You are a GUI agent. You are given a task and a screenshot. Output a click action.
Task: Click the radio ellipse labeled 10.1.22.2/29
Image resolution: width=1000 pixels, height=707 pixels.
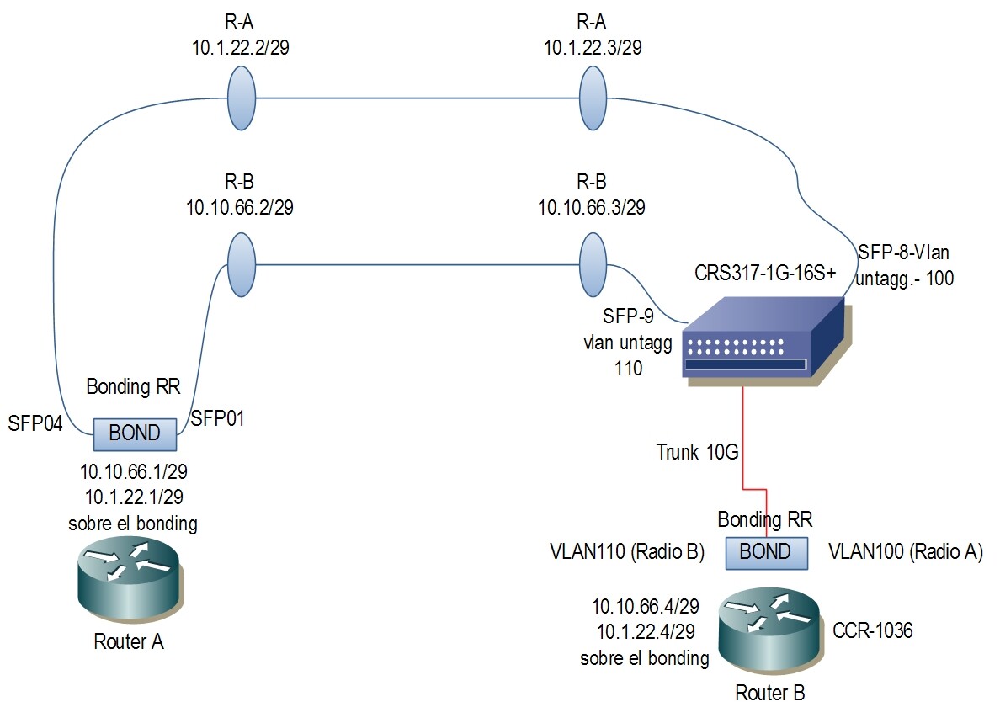(242, 98)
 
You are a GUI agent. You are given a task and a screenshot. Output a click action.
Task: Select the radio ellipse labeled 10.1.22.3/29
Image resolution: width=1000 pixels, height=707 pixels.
(593, 98)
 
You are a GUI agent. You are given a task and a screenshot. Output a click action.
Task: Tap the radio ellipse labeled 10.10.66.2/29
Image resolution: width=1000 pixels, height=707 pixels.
(242, 265)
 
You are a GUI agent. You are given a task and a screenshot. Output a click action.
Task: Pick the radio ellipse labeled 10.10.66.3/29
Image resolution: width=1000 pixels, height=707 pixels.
(593, 265)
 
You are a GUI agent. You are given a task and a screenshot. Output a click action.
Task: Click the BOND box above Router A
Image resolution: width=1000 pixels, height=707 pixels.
(135, 434)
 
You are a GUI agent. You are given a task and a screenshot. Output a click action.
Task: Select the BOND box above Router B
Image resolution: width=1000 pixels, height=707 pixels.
(764, 551)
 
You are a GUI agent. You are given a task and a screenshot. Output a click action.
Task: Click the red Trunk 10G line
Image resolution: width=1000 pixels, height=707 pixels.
(743, 438)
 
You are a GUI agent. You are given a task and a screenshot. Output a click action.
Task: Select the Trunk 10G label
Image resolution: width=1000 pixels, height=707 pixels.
(697, 453)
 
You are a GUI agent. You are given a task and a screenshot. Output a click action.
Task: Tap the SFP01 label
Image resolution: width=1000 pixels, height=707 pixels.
(218, 418)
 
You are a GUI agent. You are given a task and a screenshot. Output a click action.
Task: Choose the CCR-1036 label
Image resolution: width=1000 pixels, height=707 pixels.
(873, 629)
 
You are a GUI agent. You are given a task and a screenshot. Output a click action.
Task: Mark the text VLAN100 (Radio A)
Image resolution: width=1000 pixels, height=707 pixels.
(906, 552)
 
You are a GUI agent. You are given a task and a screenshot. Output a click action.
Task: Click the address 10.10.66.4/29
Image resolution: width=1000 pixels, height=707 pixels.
(645, 606)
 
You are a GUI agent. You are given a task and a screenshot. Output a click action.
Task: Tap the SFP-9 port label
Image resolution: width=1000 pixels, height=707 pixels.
(627, 316)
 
